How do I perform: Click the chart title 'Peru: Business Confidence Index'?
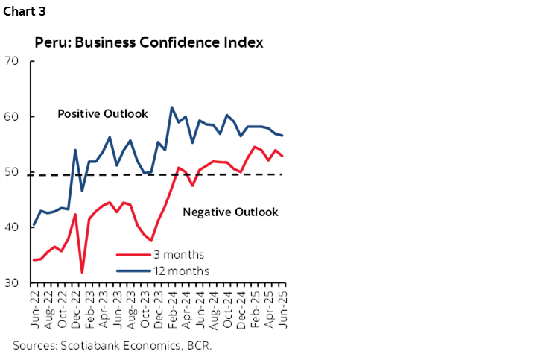click(149, 42)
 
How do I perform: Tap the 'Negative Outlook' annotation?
click(230, 212)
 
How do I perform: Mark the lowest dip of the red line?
click(82, 272)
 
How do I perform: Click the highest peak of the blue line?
click(172, 107)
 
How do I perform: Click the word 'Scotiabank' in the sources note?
click(87, 345)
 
